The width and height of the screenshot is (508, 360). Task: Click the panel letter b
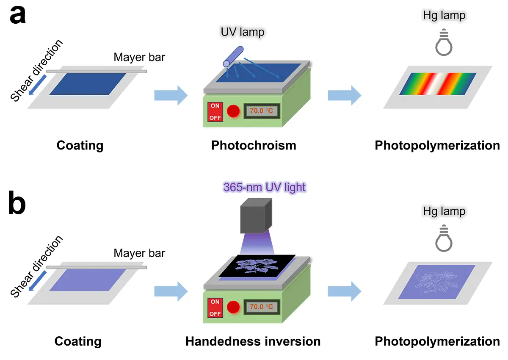click(17, 204)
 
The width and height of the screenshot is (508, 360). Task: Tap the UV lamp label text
click(243, 32)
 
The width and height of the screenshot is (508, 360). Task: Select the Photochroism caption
click(254, 145)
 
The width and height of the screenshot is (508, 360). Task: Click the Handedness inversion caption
click(253, 341)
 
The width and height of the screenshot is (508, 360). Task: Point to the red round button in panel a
click(233, 111)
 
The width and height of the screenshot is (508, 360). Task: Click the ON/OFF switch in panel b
click(215, 307)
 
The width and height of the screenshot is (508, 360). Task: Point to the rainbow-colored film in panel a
click(438, 84)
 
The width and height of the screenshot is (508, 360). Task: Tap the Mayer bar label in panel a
click(139, 57)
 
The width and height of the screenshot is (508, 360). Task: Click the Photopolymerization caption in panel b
click(437, 341)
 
